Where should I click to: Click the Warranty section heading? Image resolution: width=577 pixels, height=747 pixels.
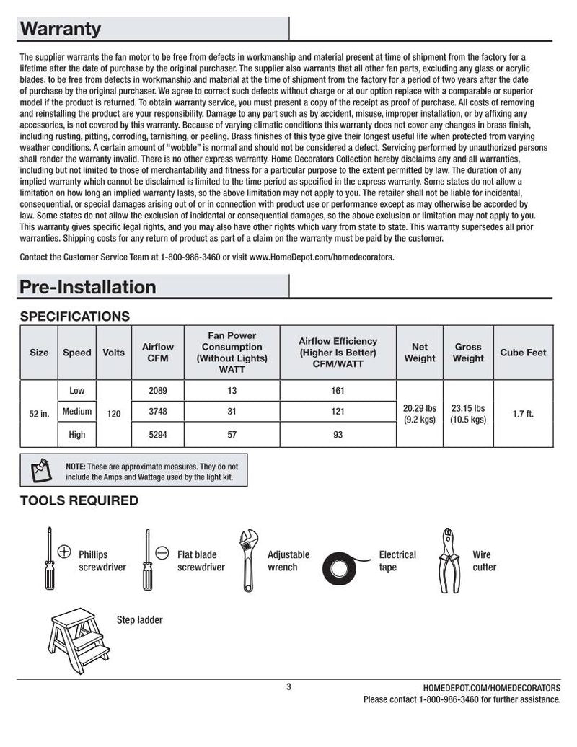pos(61,30)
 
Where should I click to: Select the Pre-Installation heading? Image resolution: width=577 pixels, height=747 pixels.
pos(87,287)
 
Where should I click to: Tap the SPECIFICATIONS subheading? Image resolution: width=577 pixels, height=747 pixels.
pos(75,317)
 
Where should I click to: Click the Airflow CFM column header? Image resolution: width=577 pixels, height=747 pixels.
pos(158,353)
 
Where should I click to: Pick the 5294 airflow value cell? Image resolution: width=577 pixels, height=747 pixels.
pos(158,435)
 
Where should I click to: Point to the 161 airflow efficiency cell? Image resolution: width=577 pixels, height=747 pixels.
pos(338,391)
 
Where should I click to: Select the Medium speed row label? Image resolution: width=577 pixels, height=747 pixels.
pos(77,412)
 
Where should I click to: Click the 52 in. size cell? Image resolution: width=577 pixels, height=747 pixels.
pos(39,415)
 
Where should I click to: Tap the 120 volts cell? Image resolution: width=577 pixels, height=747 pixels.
pos(114,415)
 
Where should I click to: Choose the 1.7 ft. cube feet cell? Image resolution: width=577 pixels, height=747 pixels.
pos(523,415)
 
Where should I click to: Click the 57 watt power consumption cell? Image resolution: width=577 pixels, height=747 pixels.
pos(232,435)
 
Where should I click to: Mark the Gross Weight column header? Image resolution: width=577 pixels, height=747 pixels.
pos(467,353)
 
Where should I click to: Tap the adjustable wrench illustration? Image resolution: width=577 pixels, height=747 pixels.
pos(249,560)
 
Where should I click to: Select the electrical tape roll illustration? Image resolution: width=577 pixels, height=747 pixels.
pos(345,567)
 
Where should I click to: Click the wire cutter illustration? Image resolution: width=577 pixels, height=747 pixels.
pos(449,560)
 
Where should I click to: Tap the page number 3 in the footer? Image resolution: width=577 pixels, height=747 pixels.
pos(288,686)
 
